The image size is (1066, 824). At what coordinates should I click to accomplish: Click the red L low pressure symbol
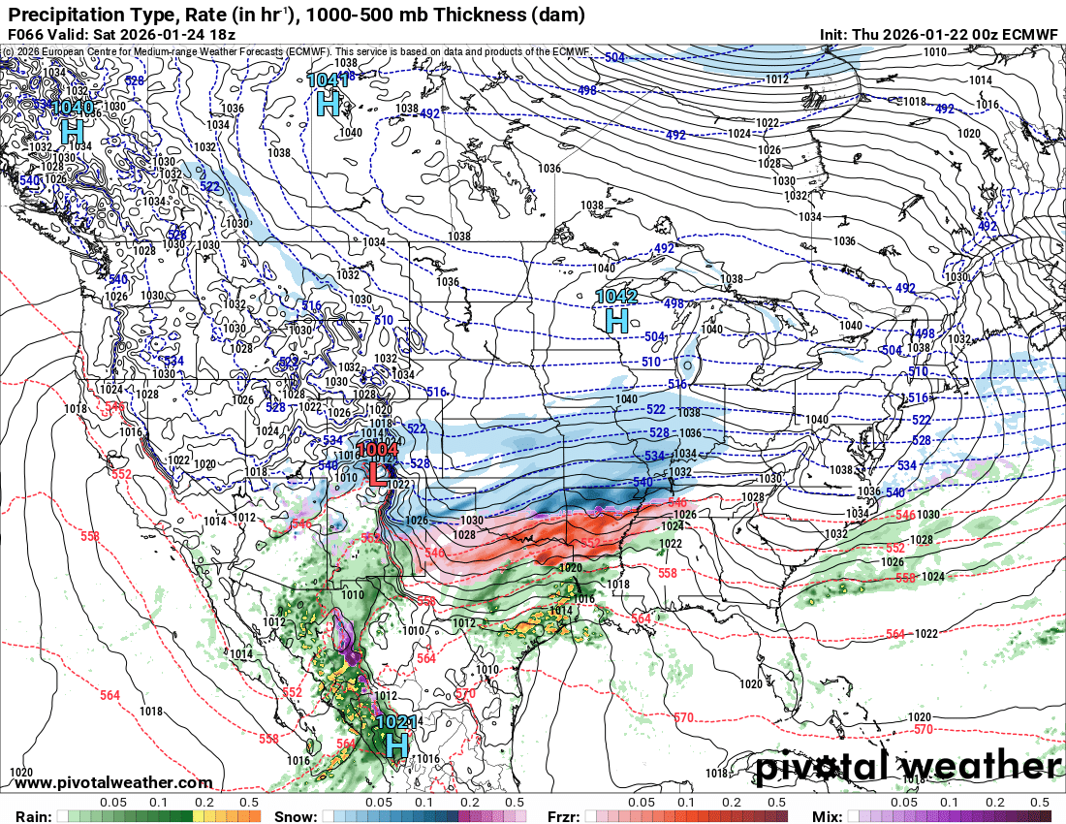coord(378,474)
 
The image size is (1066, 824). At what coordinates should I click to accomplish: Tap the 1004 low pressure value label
coord(378,450)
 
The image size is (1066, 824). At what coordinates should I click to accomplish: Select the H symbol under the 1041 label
coord(329,103)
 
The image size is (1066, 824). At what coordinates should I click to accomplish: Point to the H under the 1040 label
coord(71,130)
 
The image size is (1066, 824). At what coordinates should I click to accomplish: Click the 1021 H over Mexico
coord(395,745)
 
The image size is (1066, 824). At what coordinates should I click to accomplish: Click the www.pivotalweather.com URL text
coord(114,782)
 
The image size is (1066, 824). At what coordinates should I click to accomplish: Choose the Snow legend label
coord(296,816)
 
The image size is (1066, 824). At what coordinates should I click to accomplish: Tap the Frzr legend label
coord(563,816)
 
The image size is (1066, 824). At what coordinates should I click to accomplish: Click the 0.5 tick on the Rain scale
coord(249,803)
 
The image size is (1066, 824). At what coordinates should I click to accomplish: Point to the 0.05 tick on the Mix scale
coord(903,803)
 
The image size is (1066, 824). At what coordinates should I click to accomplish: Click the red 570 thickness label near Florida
coord(924,729)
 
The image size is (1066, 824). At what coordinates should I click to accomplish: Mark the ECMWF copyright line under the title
coord(296,50)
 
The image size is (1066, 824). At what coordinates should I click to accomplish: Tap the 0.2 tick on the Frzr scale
coord(732,803)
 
